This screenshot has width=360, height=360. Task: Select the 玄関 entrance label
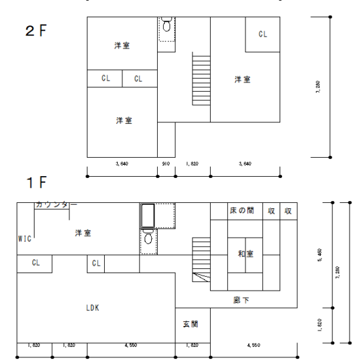click(x=191, y=324)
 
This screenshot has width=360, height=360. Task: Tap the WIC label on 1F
click(x=24, y=239)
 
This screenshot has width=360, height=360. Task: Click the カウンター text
click(x=56, y=205)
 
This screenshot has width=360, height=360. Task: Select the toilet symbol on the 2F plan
click(x=166, y=26)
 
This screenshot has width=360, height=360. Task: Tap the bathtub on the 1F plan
click(x=148, y=215)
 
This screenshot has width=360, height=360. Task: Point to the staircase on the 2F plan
click(x=200, y=75)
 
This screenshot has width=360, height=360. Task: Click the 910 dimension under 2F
click(x=166, y=164)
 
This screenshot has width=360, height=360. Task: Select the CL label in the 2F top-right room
click(x=262, y=33)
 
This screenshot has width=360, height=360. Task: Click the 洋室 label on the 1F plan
click(x=82, y=233)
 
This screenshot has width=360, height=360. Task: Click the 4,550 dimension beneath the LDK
click(x=131, y=344)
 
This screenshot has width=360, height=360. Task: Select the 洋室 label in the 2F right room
click(x=242, y=79)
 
